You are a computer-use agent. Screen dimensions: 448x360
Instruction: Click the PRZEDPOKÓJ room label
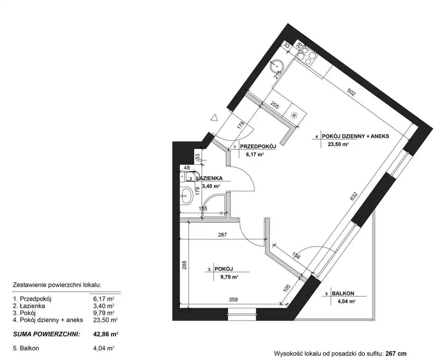[258, 147]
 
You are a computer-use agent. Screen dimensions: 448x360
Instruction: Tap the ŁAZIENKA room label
[209, 178]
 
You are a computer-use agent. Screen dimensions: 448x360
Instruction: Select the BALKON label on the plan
[343, 294]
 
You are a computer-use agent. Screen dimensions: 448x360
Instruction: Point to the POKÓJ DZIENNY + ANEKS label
[356, 136]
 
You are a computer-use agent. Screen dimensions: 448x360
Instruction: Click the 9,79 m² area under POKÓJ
[229, 277]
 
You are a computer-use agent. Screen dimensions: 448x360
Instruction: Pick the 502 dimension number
[351, 92]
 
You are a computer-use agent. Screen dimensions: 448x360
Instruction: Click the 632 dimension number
[353, 196]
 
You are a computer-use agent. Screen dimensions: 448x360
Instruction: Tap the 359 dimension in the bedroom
[233, 299]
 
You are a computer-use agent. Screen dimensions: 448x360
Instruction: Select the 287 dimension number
[222, 235]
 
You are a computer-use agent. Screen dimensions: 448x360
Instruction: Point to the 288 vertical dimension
[184, 265]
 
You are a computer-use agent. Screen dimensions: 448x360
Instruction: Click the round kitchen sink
[276, 66]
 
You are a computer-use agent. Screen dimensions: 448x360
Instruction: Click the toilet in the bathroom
[190, 176]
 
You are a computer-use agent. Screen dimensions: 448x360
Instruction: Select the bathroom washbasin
[187, 196]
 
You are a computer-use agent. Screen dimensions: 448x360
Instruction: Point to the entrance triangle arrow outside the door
[214, 118]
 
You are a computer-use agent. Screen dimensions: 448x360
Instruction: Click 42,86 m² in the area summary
[106, 334]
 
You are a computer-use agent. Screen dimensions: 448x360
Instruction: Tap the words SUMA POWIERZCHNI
[47, 334]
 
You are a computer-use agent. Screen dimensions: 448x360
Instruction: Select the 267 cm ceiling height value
[396, 354]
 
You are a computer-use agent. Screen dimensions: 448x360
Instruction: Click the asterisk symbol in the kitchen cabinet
[294, 115]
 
